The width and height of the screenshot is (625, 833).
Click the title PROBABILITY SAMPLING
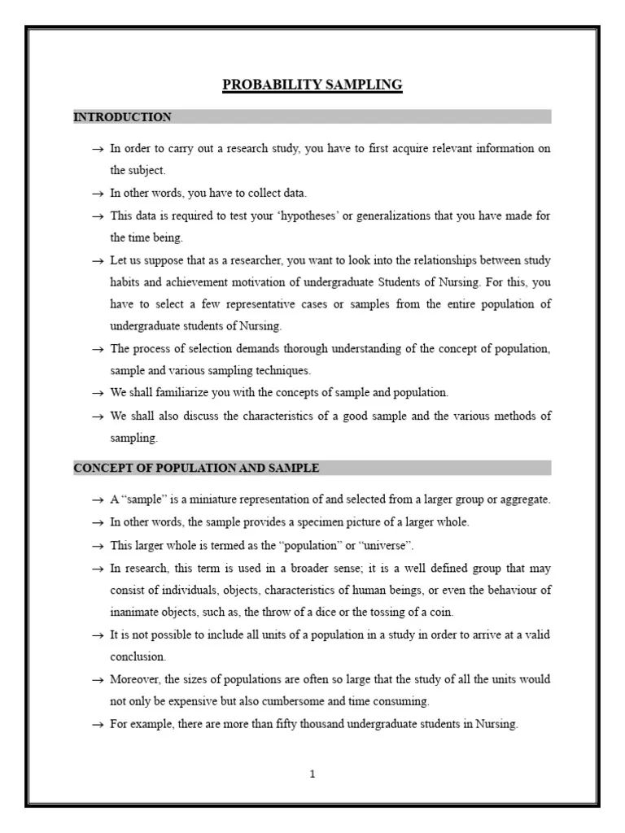click(x=312, y=85)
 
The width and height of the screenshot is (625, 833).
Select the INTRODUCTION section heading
click(x=122, y=117)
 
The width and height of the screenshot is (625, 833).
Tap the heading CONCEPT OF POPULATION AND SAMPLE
click(x=196, y=468)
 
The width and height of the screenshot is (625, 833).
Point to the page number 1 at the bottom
click(x=312, y=774)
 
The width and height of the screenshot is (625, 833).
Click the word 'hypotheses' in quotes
click(x=281, y=216)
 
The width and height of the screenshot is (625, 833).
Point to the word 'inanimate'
click(x=135, y=611)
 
